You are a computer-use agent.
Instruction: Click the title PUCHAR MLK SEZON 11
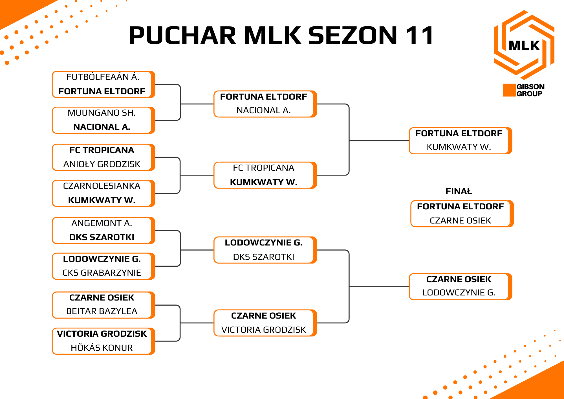281,36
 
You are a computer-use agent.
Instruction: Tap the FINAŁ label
459,191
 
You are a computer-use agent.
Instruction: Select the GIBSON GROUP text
530,90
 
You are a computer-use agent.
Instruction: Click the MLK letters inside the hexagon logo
524,45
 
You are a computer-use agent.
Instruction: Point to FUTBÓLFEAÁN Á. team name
103,77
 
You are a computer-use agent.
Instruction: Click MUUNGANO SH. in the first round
102,113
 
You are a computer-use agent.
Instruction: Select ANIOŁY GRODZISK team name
102,164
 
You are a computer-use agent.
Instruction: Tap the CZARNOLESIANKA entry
102,186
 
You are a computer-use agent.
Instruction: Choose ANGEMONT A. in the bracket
102,223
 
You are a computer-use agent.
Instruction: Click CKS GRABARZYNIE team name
102,273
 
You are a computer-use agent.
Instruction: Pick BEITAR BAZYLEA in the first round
102,311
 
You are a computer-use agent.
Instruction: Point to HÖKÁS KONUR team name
102,348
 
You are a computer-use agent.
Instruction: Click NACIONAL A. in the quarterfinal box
264,110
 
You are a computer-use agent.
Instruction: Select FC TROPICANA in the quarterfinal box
264,168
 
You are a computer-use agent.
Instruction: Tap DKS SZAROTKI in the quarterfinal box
264,257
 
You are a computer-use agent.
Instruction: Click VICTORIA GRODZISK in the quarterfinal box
264,330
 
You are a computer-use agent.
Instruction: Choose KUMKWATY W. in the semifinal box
459,147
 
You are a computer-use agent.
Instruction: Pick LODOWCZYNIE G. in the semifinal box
459,293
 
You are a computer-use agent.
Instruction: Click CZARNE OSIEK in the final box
461,221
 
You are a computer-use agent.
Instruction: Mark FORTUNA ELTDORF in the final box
461,207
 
